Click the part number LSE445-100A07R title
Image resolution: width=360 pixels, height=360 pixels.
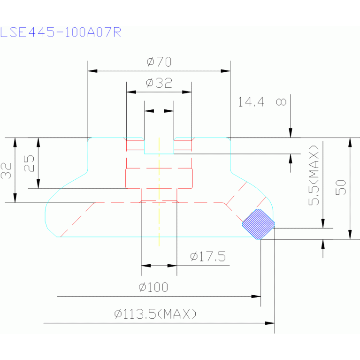click(61, 32)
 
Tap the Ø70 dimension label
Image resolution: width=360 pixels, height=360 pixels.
click(159, 61)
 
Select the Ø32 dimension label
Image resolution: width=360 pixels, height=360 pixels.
click(159, 83)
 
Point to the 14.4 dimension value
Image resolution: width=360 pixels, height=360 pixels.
click(251, 102)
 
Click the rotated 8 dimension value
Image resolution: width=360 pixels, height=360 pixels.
click(281, 102)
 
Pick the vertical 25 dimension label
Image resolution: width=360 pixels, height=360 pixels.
click(29, 163)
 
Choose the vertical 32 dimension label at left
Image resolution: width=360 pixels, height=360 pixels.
click(6, 170)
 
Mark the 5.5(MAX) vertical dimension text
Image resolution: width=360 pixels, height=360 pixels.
click(314, 175)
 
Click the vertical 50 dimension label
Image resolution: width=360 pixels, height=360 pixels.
click(341, 187)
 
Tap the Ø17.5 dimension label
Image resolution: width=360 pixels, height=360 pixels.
click(208, 256)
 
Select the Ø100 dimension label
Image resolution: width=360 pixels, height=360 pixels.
click(153, 287)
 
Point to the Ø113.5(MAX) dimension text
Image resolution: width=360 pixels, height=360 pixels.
click(155, 314)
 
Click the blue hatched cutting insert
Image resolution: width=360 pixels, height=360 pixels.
click(259, 224)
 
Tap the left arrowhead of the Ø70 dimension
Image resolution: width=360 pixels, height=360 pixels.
click(92, 71)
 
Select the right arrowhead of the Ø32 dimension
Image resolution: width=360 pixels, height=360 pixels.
click(187, 92)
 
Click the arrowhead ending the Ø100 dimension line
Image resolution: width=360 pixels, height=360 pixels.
click(256, 297)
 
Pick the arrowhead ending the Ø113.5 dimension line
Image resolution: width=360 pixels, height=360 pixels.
click(270, 323)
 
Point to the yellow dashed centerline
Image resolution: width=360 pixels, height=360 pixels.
click(159, 192)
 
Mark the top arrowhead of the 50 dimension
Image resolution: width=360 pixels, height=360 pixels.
click(350, 142)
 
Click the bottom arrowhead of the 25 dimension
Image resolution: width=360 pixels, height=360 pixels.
click(38, 184)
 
